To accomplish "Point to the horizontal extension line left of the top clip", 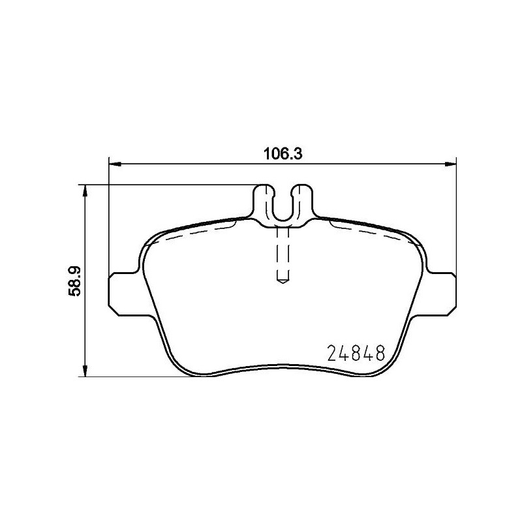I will [170, 185].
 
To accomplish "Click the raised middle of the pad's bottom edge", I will [283, 366].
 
